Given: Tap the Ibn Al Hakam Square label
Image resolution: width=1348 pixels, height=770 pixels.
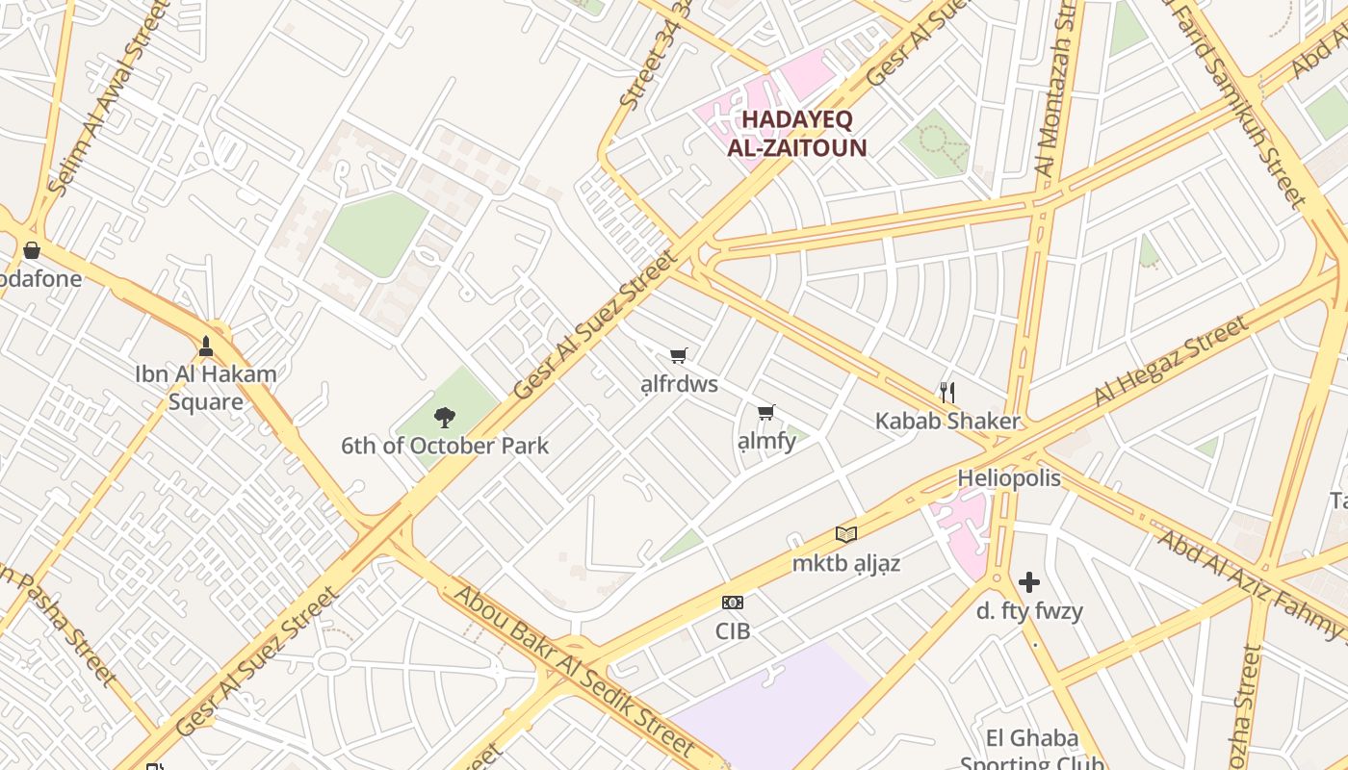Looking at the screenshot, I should (x=205, y=388).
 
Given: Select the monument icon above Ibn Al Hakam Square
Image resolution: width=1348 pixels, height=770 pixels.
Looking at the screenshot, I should (x=205, y=346).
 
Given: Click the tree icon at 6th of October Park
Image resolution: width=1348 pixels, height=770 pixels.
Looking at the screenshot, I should (x=444, y=417).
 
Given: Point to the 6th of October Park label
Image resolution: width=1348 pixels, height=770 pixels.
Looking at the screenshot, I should (x=445, y=446).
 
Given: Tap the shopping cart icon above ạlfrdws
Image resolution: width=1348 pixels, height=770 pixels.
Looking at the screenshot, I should (x=679, y=356).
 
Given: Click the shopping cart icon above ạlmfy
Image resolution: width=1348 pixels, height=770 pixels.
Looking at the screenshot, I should (x=766, y=413).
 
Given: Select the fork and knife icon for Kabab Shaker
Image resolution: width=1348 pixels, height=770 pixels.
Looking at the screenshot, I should (x=947, y=392).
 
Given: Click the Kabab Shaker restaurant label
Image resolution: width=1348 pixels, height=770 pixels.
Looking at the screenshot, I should (x=947, y=421).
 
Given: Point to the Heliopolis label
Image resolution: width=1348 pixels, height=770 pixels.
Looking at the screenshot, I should (x=1009, y=478).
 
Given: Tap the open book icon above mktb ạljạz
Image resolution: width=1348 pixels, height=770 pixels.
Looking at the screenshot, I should (x=846, y=534).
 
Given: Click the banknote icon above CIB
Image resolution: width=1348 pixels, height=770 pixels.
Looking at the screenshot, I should (x=733, y=603).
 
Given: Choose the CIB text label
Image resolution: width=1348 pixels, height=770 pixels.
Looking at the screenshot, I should (x=733, y=631).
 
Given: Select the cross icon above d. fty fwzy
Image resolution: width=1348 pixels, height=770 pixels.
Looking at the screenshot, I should (x=1029, y=582).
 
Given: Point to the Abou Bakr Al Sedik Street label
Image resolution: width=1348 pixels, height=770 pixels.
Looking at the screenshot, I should (x=574, y=670).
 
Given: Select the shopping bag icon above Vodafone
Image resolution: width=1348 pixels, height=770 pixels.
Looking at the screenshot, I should (x=32, y=250).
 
